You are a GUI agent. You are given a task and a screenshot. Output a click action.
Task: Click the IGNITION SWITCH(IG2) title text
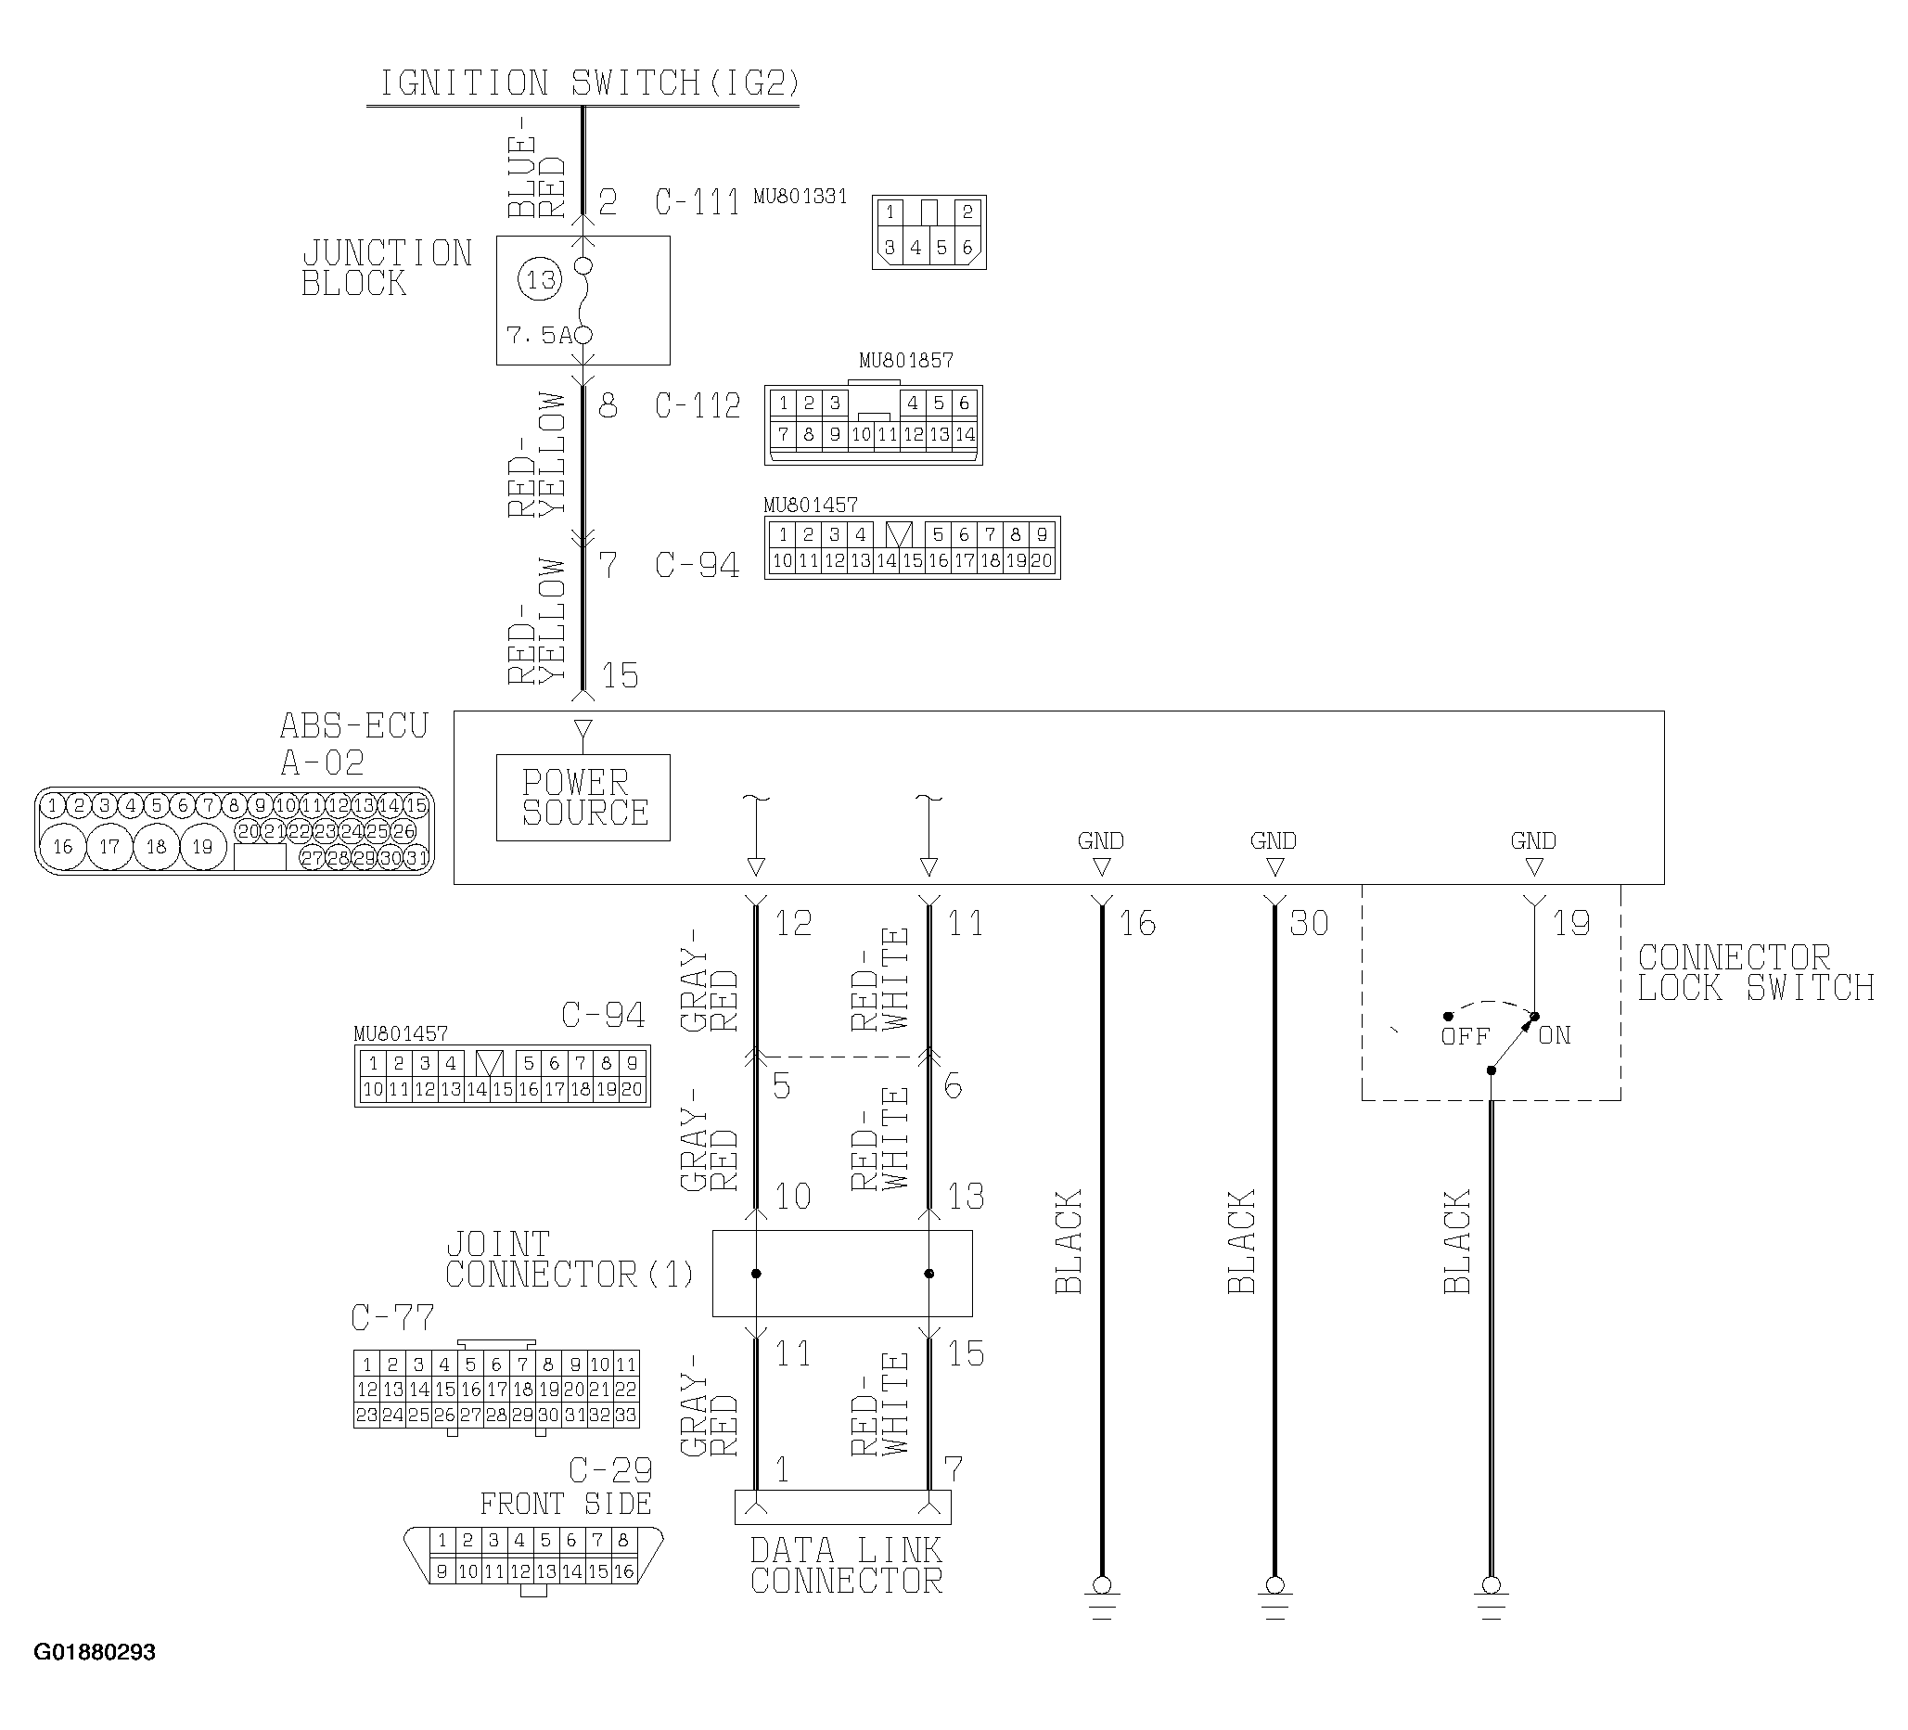590,83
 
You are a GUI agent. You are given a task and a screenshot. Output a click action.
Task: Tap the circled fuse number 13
541,279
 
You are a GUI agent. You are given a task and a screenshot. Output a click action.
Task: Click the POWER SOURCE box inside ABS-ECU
583,798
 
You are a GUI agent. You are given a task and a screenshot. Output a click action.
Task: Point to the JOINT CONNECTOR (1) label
570,1260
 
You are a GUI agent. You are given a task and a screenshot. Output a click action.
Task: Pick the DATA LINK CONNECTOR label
846,1565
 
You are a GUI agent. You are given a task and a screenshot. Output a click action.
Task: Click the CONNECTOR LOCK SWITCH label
1756,973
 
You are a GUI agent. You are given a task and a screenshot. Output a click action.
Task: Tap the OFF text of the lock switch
1465,1036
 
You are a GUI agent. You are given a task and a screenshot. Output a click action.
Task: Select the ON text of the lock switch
1555,1035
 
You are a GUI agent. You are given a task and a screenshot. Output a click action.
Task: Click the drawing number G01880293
95,1652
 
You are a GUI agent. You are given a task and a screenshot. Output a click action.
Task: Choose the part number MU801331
800,197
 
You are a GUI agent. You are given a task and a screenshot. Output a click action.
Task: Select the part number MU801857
905,361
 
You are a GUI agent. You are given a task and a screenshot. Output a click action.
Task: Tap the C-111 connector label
698,202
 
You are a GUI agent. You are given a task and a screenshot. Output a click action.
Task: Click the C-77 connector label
392,1317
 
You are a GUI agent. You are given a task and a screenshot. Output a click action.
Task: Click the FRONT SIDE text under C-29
566,1504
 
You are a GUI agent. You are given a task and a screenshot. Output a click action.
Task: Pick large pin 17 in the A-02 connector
109,846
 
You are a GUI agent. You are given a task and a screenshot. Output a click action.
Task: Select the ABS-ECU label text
354,726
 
